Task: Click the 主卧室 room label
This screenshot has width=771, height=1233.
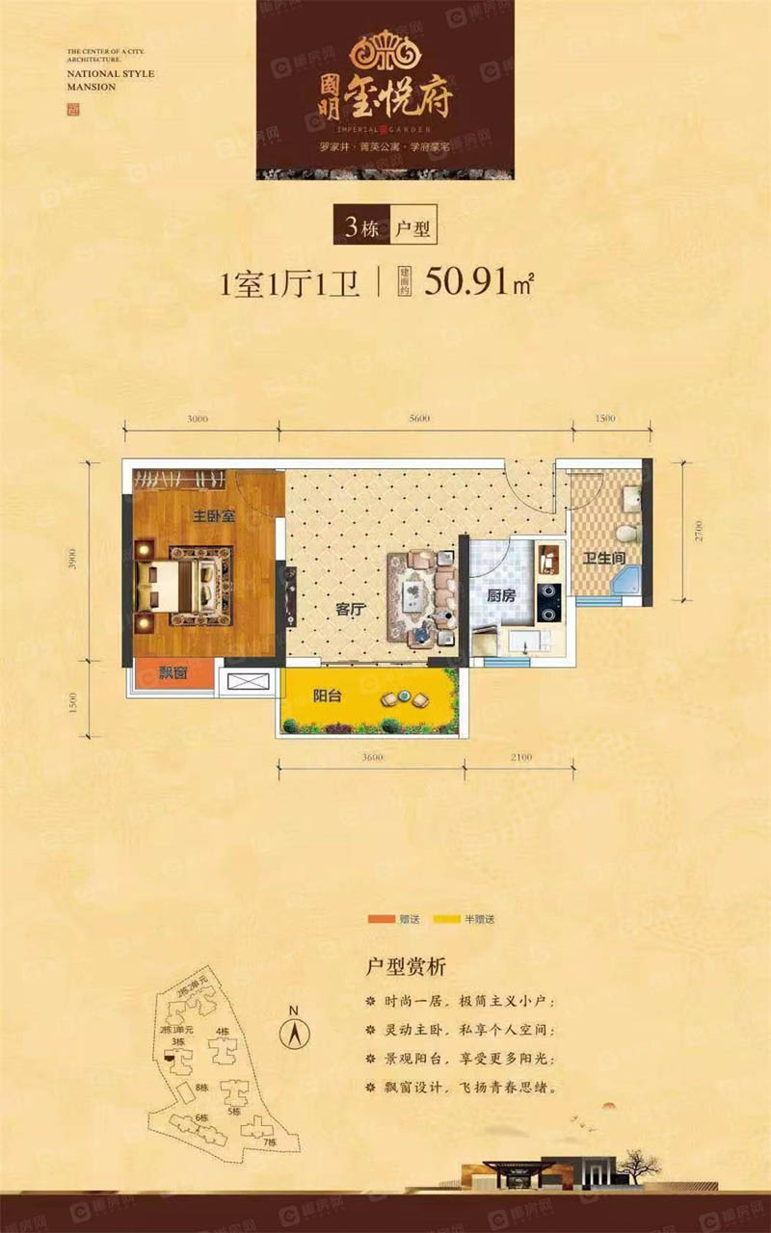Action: [213, 516]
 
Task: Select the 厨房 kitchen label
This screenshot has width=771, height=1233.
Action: [501, 595]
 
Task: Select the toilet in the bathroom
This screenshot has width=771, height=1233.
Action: [625, 533]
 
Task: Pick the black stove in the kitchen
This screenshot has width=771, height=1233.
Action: [548, 601]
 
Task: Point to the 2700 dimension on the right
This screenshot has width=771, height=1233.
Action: [701, 529]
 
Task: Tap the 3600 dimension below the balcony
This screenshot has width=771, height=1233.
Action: [373, 758]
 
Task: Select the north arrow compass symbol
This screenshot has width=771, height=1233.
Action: [294, 1033]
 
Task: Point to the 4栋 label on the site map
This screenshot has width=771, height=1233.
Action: [223, 1032]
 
